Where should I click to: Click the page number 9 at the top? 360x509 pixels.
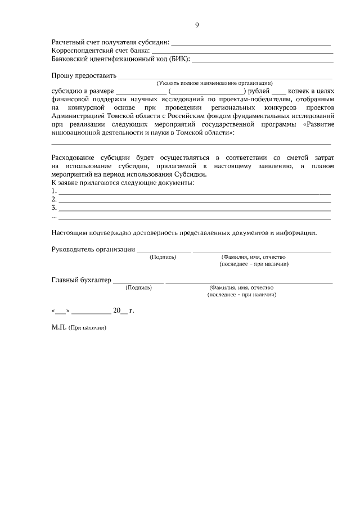click(x=197, y=25)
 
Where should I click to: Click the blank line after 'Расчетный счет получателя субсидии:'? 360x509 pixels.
click(x=250, y=43)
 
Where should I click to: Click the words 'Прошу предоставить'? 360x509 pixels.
click(x=84, y=75)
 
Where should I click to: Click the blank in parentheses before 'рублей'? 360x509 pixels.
click(x=207, y=92)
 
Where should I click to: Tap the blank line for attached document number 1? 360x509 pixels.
click(x=194, y=192)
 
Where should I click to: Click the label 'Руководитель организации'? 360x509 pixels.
click(x=93, y=249)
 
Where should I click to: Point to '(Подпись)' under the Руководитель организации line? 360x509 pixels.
click(x=163, y=256)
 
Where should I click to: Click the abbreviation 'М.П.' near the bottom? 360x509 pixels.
click(x=58, y=327)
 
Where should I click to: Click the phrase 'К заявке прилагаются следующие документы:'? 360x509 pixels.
click(x=123, y=183)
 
